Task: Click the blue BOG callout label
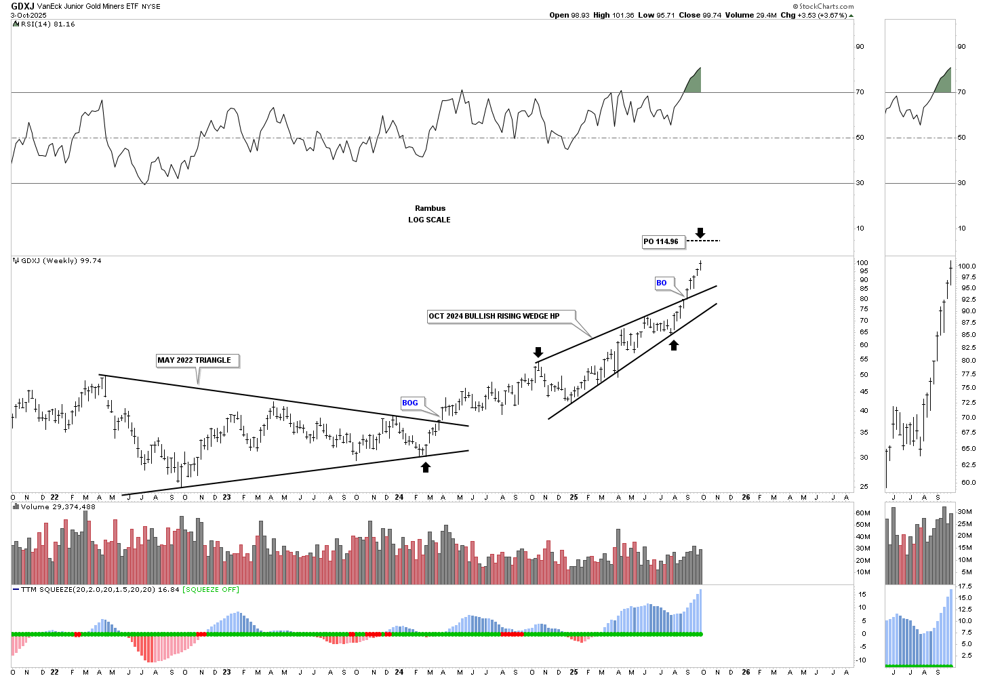pos(410,403)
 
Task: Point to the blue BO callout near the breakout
pos(661,283)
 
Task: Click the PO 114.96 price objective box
pos(661,241)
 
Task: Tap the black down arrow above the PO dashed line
pos(700,233)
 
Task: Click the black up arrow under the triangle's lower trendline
pos(426,466)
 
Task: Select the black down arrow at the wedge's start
pos(538,352)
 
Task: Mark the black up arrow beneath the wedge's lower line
pos(674,345)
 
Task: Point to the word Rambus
pos(430,208)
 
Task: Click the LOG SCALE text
pos(429,220)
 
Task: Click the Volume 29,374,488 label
pos(58,506)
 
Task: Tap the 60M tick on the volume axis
pos(863,513)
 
